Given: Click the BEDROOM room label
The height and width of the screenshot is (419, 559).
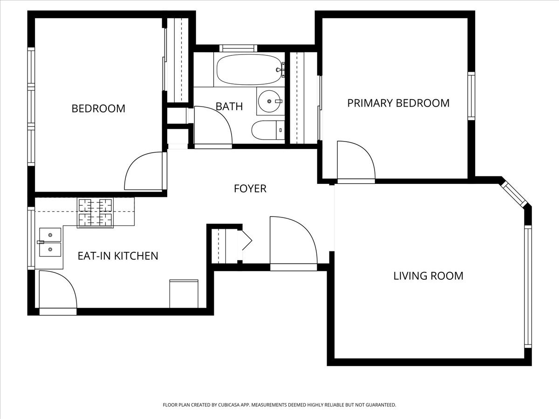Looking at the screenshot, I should (98, 108).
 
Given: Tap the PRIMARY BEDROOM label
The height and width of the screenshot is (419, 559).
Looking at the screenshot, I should (398, 103).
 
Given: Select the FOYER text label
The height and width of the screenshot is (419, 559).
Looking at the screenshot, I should (250, 189).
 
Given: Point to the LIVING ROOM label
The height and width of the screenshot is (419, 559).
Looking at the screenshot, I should (428, 276).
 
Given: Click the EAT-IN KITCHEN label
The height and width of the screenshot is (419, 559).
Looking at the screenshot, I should (118, 256).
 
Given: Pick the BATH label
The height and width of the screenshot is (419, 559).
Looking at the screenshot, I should (229, 106).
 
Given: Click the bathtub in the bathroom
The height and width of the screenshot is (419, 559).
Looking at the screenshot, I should (250, 70).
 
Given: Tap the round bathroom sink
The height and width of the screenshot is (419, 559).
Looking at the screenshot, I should (269, 101).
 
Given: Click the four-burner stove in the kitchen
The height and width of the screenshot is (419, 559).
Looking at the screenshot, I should (95, 213).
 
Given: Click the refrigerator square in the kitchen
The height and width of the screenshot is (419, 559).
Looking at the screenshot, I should (184, 294).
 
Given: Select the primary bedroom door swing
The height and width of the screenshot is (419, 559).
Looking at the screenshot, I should (354, 161).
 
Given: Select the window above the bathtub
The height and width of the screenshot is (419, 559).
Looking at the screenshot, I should (238, 48).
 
